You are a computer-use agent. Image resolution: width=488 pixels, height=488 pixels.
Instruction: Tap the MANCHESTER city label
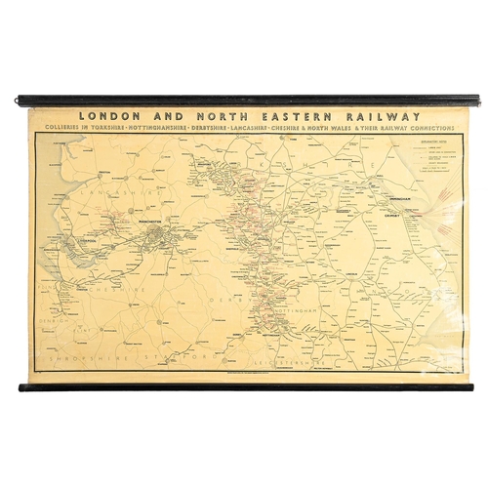click(154, 231)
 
